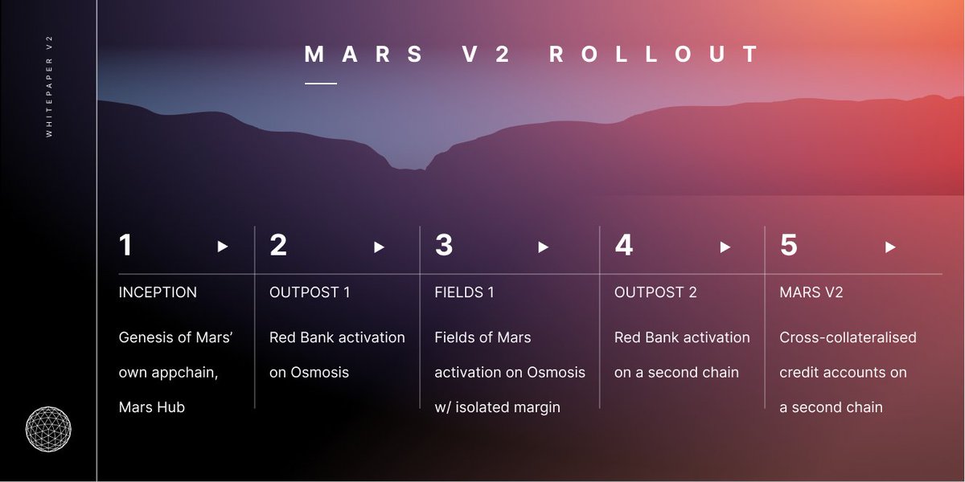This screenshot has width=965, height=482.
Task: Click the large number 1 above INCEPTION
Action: click(125, 246)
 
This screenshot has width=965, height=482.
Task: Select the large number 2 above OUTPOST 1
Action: click(278, 246)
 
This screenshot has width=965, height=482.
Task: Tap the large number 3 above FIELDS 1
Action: click(444, 246)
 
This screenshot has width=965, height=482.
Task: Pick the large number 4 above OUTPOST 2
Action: click(624, 246)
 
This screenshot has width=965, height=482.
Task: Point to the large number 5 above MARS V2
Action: click(789, 246)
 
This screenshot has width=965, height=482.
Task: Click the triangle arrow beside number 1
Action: click(223, 247)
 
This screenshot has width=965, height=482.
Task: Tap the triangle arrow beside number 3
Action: click(544, 247)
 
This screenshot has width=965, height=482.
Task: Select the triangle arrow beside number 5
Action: click(890, 247)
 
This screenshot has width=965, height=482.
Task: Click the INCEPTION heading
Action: click(158, 292)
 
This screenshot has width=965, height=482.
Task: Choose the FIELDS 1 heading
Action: click(464, 292)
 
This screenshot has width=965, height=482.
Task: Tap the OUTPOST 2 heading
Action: click(655, 292)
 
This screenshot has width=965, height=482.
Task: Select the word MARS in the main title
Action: click(364, 55)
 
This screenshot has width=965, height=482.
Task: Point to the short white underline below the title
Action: click(321, 83)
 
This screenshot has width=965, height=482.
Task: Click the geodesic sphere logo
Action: click(48, 430)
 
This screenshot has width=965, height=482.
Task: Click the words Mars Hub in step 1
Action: click(152, 407)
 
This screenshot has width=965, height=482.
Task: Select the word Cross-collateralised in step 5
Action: click(848, 337)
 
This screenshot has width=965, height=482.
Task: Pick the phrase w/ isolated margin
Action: click(497, 407)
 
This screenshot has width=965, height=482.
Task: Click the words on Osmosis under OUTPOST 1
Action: click(309, 373)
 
